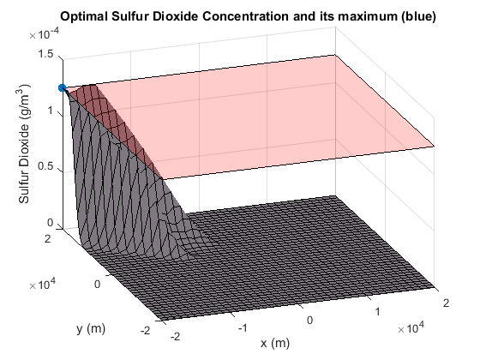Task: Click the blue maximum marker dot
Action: [63, 88]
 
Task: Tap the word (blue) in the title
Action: [418, 16]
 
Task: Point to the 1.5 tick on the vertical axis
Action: [45, 54]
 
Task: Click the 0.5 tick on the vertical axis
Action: [45, 166]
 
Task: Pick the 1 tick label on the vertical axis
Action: [51, 111]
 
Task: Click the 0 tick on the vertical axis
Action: [51, 223]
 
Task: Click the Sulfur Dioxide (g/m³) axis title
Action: [24, 144]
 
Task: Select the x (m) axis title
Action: [275, 343]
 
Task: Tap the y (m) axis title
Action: [91, 329]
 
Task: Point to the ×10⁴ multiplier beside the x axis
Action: [411, 327]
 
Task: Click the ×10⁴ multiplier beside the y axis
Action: [42, 284]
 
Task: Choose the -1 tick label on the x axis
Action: [243, 328]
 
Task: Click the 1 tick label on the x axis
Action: [377, 312]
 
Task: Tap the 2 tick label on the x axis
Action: [446, 303]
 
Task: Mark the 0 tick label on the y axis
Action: [97, 285]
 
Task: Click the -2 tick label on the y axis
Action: [145, 331]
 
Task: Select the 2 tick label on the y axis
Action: [47, 238]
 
